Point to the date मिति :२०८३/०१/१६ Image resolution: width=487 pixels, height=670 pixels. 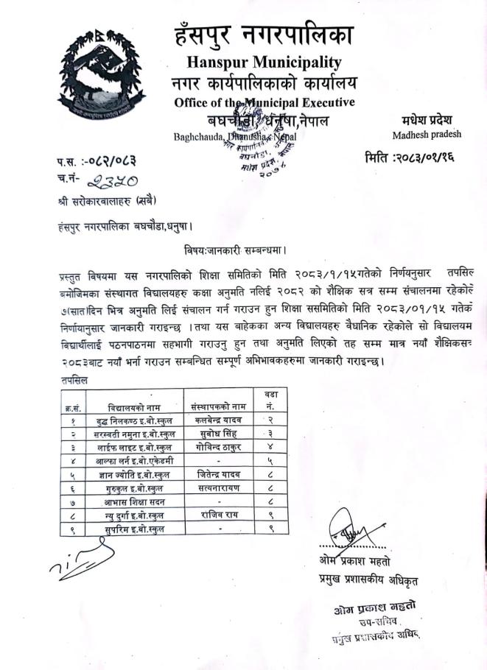[x=418, y=158]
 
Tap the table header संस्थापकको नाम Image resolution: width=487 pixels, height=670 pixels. [x=217, y=406]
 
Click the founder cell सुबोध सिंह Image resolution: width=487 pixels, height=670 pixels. [x=217, y=434]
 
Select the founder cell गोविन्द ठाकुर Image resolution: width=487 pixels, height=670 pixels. [x=217, y=447]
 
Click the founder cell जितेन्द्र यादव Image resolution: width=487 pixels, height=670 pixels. [x=217, y=473]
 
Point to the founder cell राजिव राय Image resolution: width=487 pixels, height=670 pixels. [x=217, y=515]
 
